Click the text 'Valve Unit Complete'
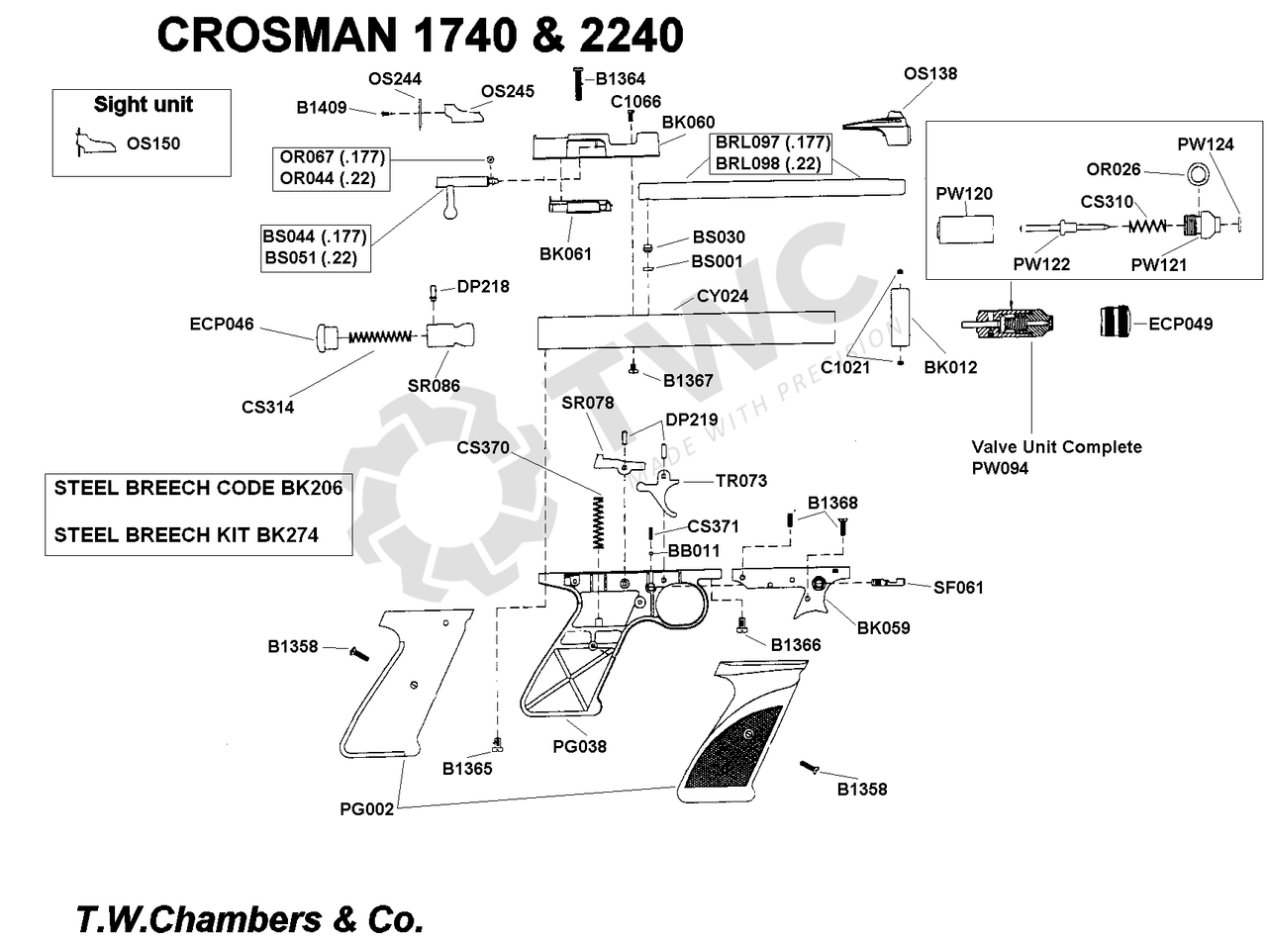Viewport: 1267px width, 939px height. click(x=1055, y=447)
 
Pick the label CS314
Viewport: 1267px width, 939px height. click(x=266, y=407)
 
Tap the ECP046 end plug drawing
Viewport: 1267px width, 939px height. click(x=327, y=336)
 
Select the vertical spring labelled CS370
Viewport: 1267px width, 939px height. click(x=598, y=523)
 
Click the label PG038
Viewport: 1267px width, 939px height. click(x=579, y=747)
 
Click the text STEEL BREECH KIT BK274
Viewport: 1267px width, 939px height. click(x=186, y=535)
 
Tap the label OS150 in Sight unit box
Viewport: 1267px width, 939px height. click(x=153, y=143)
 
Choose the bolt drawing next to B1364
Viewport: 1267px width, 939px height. click(x=576, y=80)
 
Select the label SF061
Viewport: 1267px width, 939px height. click(x=958, y=588)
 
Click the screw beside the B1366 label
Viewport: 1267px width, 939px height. click(x=743, y=624)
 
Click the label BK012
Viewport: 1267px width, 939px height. click(x=949, y=368)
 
